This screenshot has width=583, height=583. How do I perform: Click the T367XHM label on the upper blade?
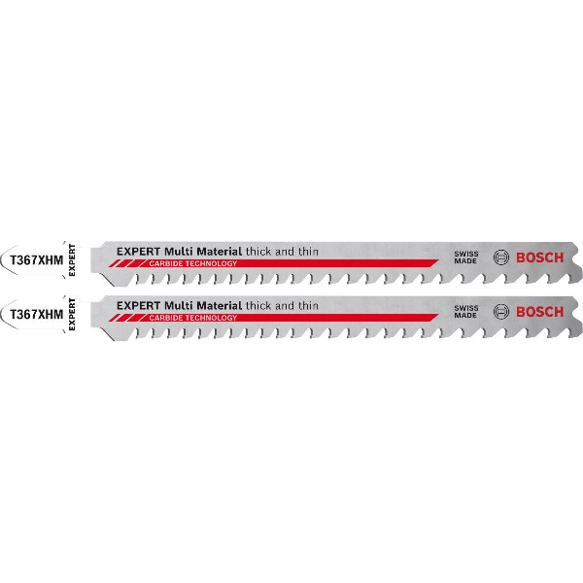click(35, 259)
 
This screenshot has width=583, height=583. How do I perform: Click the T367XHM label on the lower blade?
click(35, 315)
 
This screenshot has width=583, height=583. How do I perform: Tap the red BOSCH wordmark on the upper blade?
click(539, 257)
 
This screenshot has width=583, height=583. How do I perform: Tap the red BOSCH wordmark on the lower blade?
click(539, 312)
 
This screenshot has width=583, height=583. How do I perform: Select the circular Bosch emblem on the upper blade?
click(501, 257)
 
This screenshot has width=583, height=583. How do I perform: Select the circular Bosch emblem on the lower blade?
click(501, 312)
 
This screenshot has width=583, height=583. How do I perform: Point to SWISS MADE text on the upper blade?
click(466, 257)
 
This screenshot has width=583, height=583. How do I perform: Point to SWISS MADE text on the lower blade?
click(466, 312)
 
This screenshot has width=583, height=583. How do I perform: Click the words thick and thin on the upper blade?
click(282, 251)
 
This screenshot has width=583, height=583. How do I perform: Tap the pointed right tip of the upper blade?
click(578, 258)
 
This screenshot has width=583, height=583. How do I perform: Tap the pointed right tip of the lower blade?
click(578, 314)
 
